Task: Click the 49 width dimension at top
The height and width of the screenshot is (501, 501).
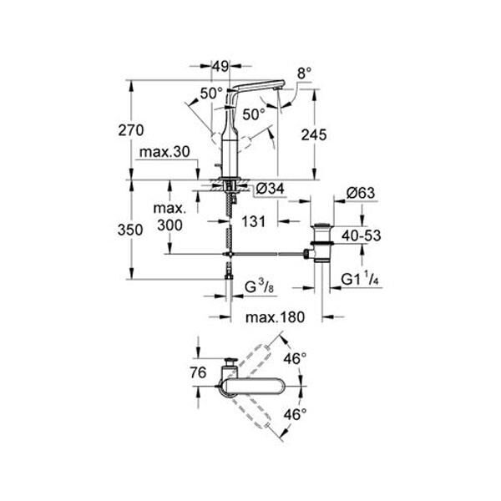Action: point(220,64)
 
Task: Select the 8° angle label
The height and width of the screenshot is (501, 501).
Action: point(302,73)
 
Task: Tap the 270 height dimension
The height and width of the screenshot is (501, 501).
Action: point(133,130)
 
